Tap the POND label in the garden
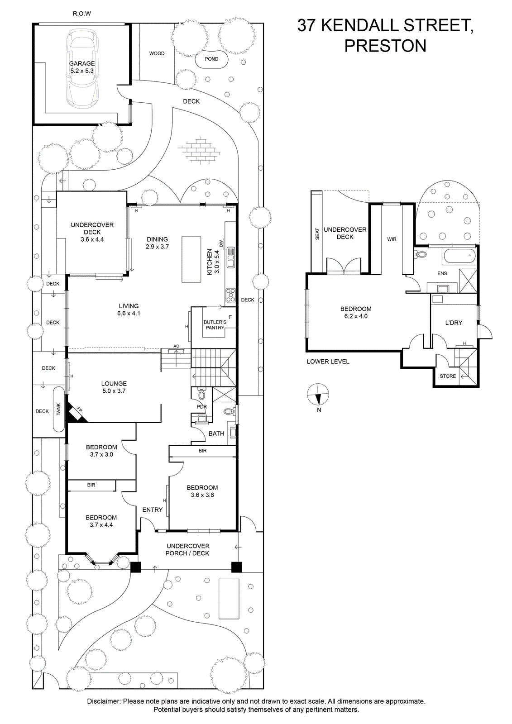[211, 59]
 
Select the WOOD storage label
[157, 53]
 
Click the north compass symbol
[318, 395]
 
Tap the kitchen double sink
[230, 257]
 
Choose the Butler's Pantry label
[215, 325]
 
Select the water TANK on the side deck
[58, 409]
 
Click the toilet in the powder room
[201, 394]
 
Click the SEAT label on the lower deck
[317, 234]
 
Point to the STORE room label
[448, 376]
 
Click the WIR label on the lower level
[392, 239]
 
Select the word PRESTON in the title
[385, 46]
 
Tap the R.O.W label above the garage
[82, 14]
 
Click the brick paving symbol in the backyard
[199, 150]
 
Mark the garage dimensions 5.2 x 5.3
[82, 71]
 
